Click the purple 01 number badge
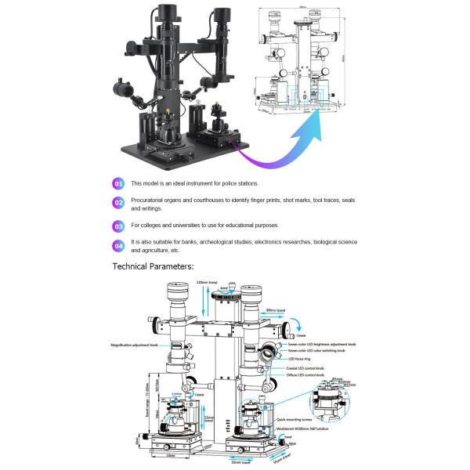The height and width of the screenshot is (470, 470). click(118, 183)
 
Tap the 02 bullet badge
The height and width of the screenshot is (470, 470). click(118, 204)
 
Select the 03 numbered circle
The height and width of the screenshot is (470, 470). click(118, 226)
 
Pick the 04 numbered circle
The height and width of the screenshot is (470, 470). click(118, 247)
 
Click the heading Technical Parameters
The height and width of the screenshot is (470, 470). click(152, 266)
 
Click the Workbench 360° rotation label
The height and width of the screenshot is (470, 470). click(308, 428)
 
